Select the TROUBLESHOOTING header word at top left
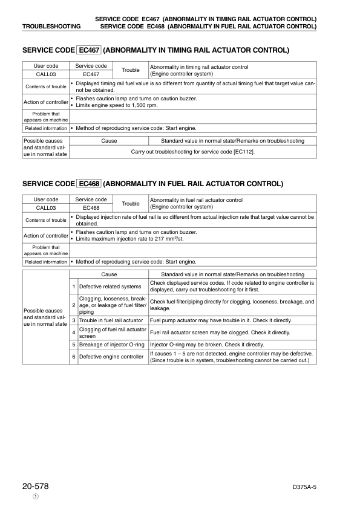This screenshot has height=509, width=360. (x=51, y=27)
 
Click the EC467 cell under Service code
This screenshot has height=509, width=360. (x=91, y=74)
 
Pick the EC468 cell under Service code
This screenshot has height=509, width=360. (x=91, y=208)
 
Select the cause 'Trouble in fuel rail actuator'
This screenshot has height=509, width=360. (x=111, y=320)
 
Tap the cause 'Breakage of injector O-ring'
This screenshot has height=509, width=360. (x=112, y=345)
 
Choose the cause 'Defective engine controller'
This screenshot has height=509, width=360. (x=111, y=357)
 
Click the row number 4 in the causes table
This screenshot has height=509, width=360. (x=73, y=332)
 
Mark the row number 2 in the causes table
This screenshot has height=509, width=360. (x=73, y=305)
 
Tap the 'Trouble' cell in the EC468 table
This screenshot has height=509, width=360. (x=131, y=204)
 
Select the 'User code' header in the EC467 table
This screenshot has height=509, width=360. (x=46, y=65)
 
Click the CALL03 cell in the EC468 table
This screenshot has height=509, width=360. (x=46, y=208)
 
